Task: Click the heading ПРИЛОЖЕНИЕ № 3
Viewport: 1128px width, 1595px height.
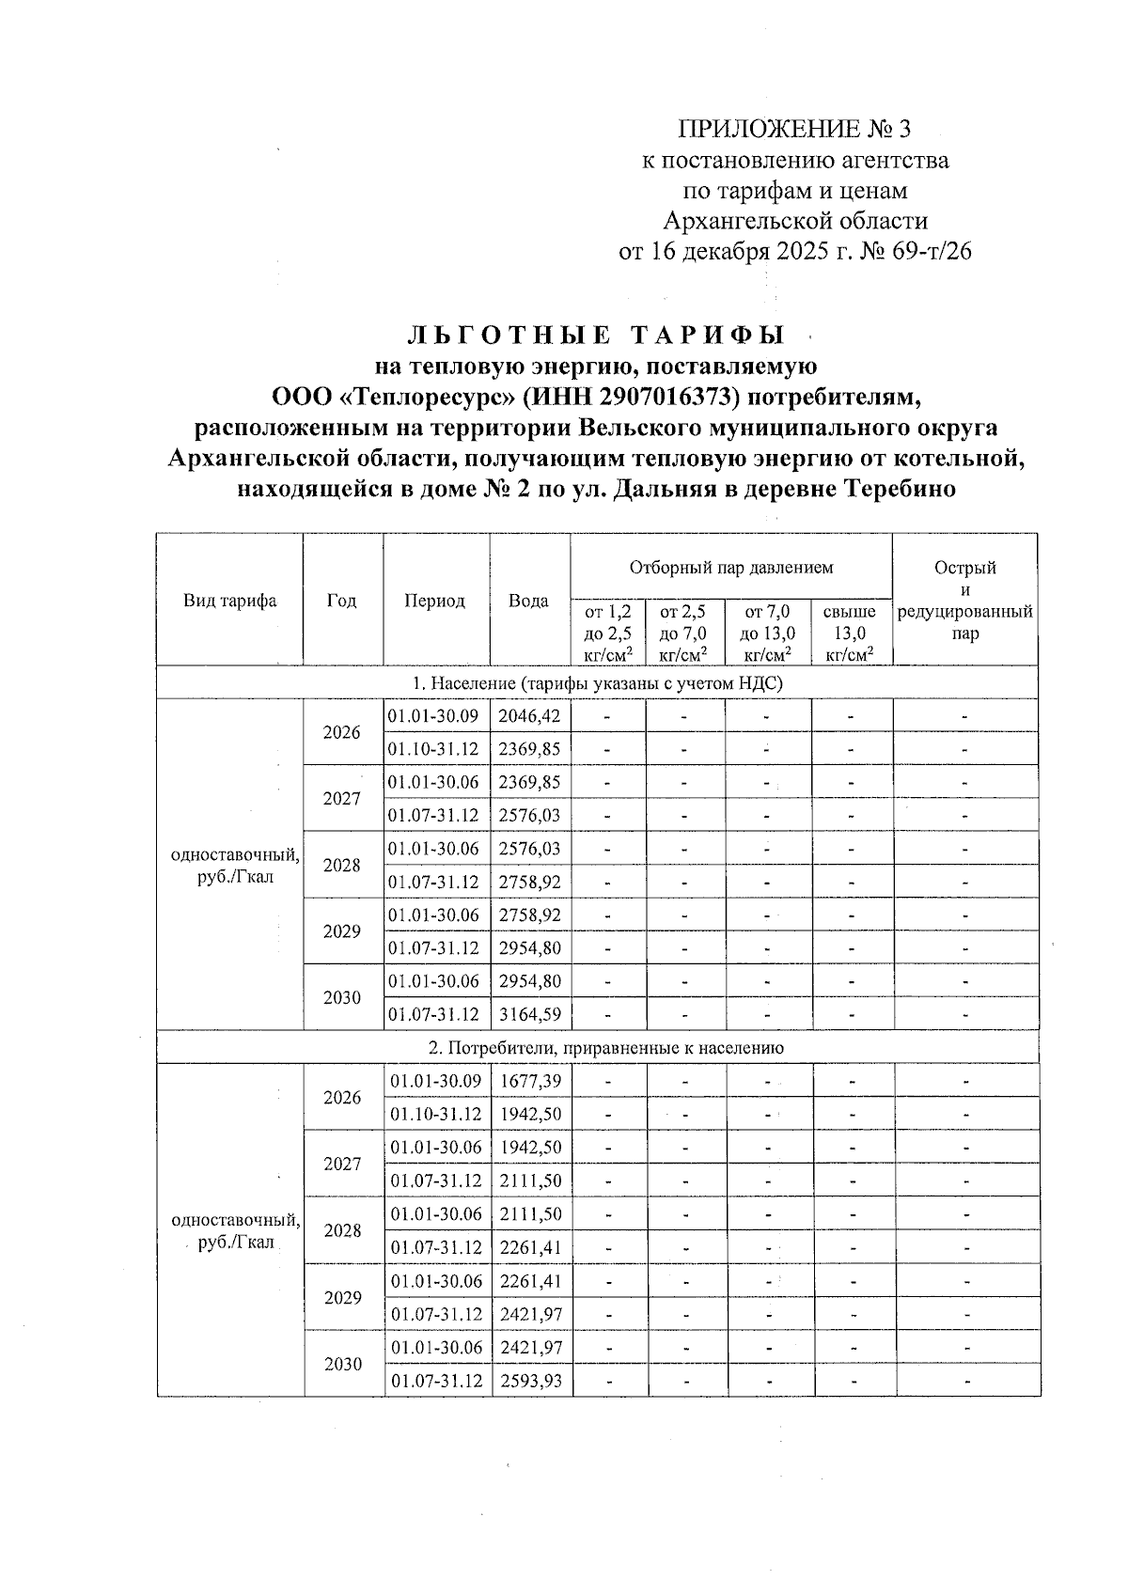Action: (794, 129)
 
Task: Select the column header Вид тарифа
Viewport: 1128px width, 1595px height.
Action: (229, 601)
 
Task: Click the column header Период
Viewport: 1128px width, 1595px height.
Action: (434, 601)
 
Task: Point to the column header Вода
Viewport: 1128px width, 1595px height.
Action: (528, 601)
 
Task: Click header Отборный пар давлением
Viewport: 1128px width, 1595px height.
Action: (730, 568)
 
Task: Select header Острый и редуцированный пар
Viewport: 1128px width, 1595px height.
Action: (964, 601)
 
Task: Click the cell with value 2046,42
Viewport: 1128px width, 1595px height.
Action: (529, 716)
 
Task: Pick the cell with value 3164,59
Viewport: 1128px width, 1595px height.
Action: (529, 1015)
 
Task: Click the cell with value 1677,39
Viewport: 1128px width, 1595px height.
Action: (530, 1082)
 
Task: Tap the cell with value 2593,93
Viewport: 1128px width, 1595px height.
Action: (530, 1381)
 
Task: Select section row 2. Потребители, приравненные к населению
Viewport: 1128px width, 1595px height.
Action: (599, 1048)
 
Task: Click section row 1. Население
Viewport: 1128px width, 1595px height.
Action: (599, 683)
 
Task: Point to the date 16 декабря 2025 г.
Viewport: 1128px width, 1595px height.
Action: (743, 252)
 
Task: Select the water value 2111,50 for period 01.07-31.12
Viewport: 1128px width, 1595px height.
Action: (530, 1181)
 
